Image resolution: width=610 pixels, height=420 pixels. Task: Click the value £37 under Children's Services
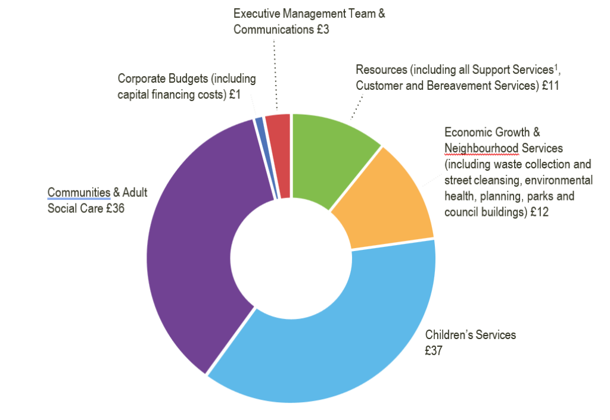click(x=433, y=351)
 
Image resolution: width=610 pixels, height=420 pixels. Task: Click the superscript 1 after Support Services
click(x=556, y=67)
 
